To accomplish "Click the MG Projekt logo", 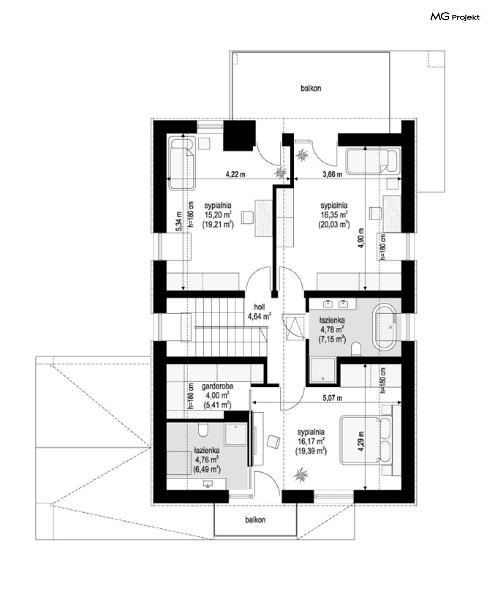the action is tap(455, 17).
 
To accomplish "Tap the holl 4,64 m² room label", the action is tap(259, 312).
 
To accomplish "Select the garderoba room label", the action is tap(217, 386).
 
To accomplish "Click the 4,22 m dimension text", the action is tap(235, 174).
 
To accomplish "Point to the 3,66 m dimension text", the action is tap(332, 174).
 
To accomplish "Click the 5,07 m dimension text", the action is tap(332, 398).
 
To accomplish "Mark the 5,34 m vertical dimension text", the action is tap(179, 221).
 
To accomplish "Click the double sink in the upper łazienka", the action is tap(336, 304).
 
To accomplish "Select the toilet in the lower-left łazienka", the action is tap(203, 430).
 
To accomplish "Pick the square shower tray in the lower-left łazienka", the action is tap(236, 434).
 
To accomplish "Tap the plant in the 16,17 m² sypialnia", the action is tap(301, 475).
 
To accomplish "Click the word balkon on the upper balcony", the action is tap(311, 88).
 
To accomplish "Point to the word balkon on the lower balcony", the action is tap(256, 520).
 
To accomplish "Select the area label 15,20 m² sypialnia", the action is tap(218, 215).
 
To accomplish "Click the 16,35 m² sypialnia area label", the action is tap(334, 215).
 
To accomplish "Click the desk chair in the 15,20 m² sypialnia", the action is tap(247, 217).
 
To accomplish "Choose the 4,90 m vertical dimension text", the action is tap(361, 238).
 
